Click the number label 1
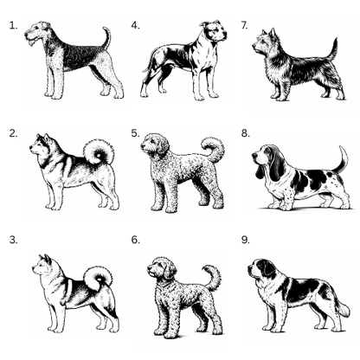point(13,26)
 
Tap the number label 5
point(135,133)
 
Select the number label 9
point(246,240)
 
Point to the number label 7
point(245,26)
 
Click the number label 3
point(13,240)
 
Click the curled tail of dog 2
point(99,152)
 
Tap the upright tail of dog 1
point(106,37)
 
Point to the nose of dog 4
point(225,36)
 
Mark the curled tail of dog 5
point(215,150)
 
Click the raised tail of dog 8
point(341,160)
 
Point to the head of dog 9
point(261,269)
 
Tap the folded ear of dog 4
point(204,24)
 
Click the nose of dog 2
point(31,148)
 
